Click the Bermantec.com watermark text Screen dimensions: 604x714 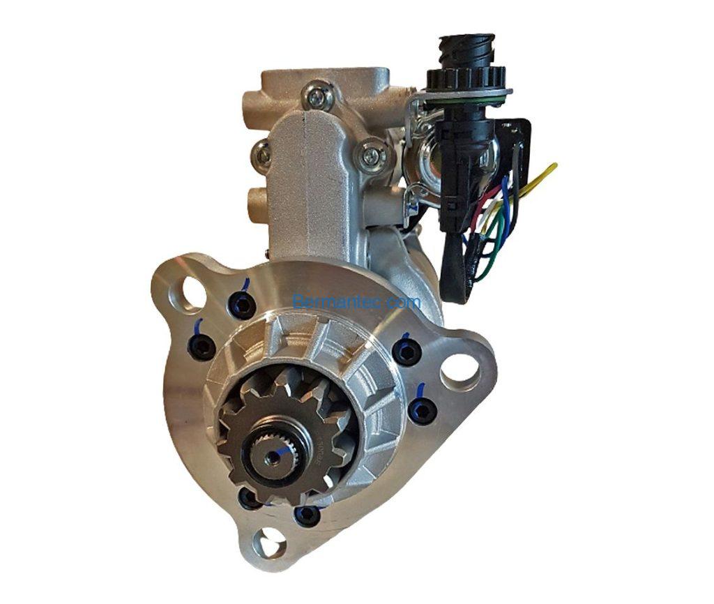(357, 302)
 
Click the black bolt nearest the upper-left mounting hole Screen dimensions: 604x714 (241, 305)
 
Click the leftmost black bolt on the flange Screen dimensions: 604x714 (202, 346)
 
